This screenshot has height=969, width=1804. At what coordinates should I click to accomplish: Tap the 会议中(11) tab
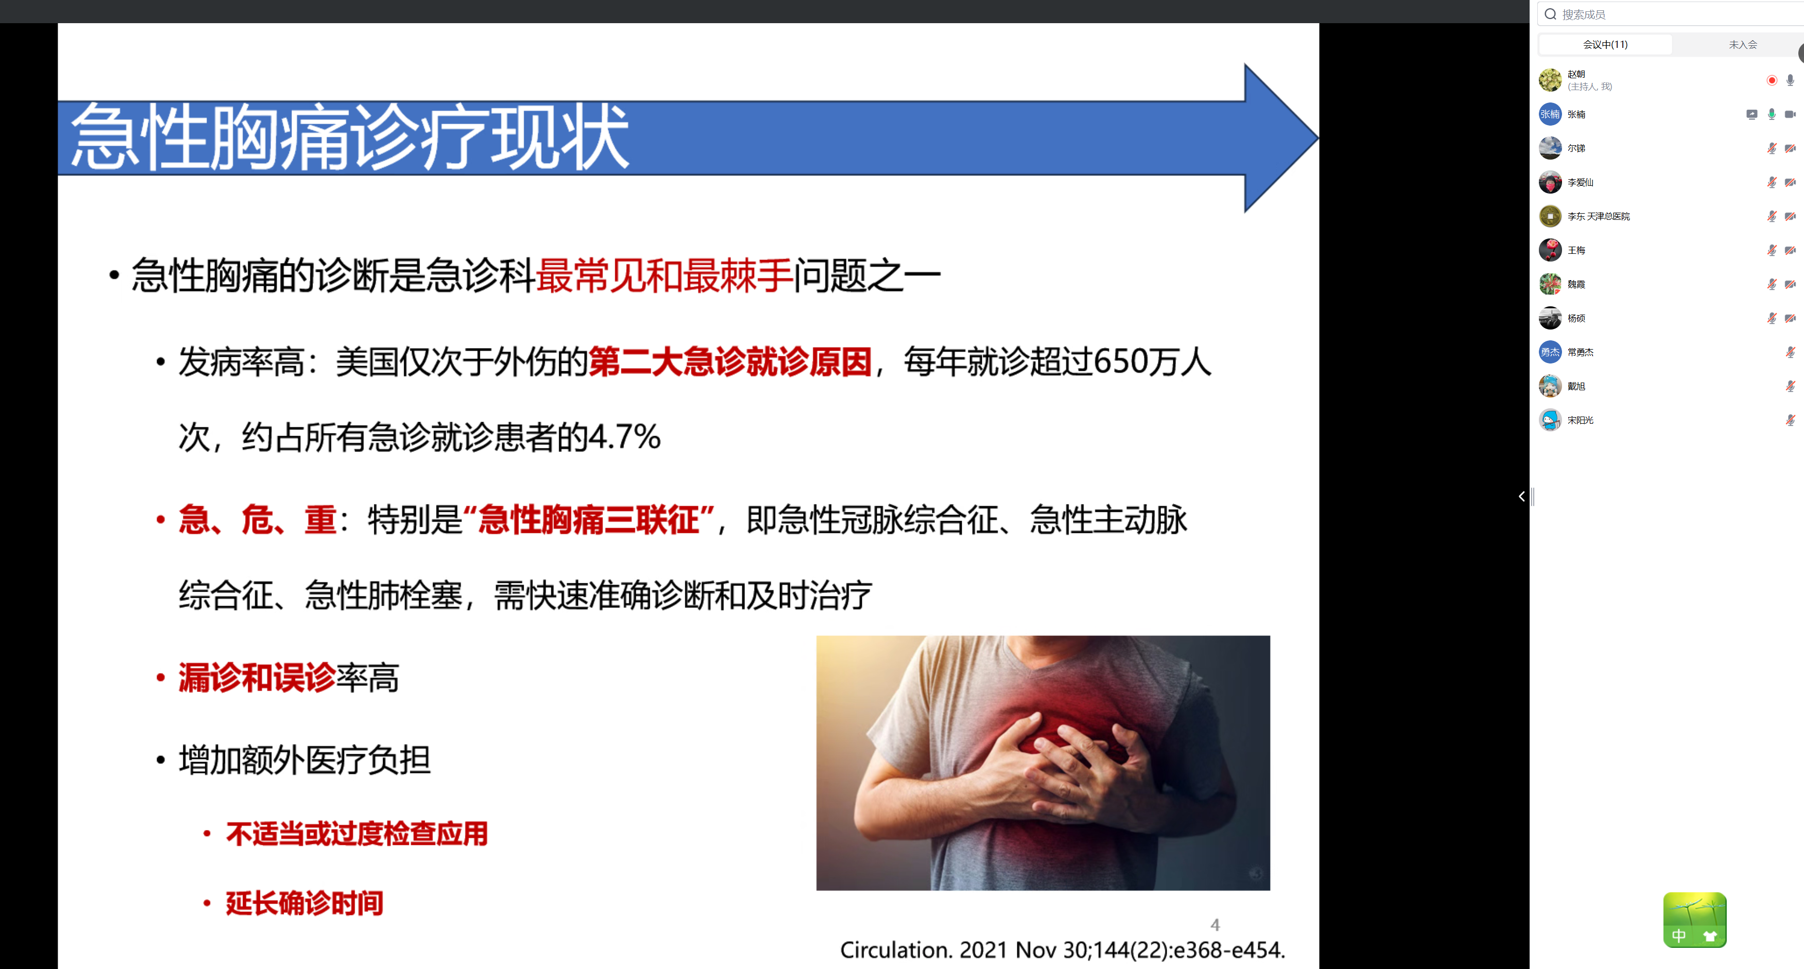(1605, 44)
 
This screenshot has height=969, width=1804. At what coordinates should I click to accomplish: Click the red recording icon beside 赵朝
(1771, 80)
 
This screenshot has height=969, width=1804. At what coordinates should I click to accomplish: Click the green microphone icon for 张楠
(1771, 114)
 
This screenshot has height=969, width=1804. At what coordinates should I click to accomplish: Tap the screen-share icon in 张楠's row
(1751, 114)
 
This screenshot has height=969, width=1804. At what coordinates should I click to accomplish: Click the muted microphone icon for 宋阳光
(1790, 420)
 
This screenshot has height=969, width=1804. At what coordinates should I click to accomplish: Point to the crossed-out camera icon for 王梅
(1790, 250)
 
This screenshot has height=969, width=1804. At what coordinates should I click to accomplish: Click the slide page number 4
(1215, 925)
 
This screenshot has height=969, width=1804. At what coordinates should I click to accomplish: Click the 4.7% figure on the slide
(624, 438)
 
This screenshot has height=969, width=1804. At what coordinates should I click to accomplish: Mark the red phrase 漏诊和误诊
(257, 678)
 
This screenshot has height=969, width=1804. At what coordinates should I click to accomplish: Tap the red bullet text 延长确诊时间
(304, 903)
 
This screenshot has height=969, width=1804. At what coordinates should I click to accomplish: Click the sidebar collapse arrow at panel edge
(1521, 496)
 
